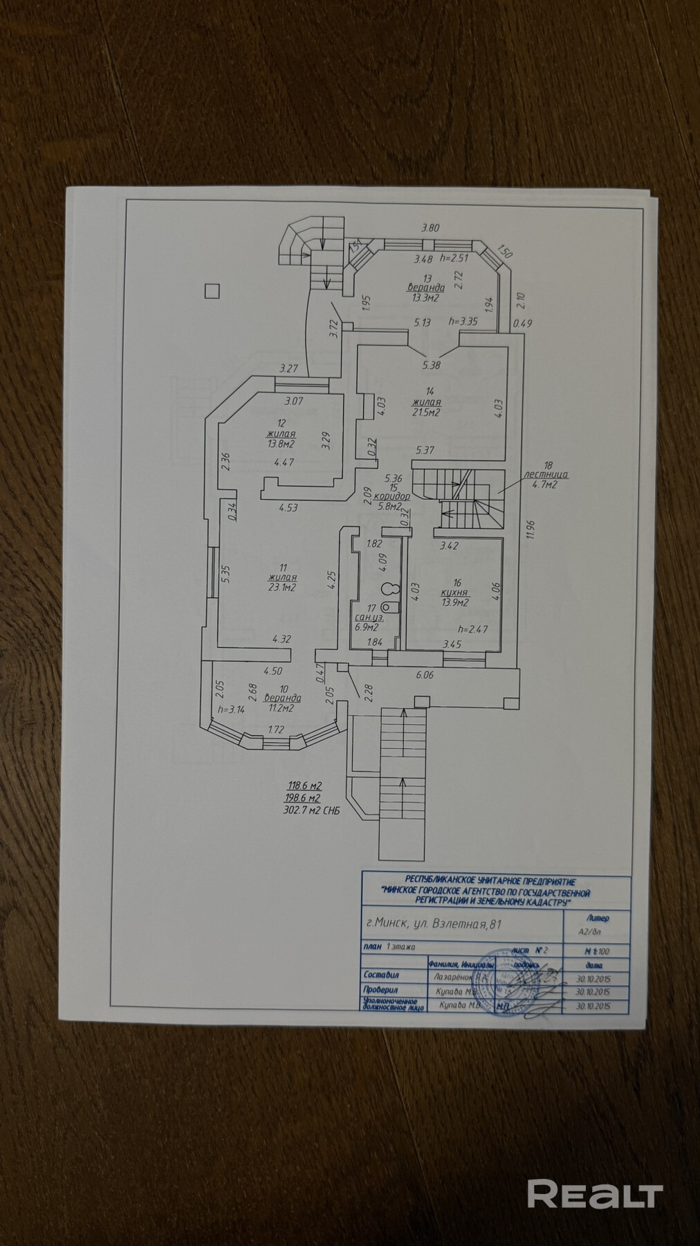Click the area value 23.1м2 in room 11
tap(284, 588)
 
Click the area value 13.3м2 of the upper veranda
tap(426, 298)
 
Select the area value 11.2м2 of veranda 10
tap(284, 708)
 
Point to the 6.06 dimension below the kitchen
tap(424, 675)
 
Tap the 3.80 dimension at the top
tap(432, 227)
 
